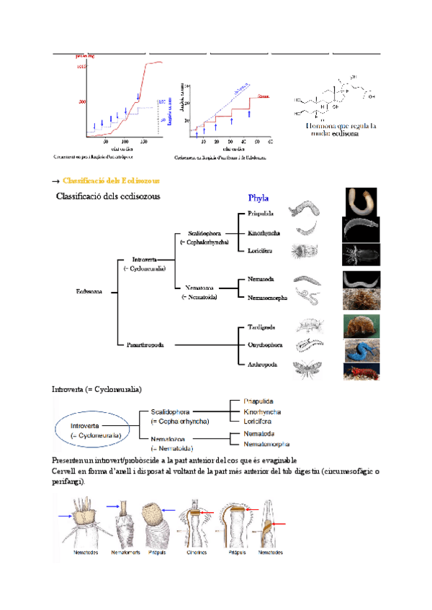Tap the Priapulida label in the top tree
point(261,214)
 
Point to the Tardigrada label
point(261,327)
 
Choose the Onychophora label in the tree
point(264,345)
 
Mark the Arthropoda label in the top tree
point(262,365)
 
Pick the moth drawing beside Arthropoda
point(307,368)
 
